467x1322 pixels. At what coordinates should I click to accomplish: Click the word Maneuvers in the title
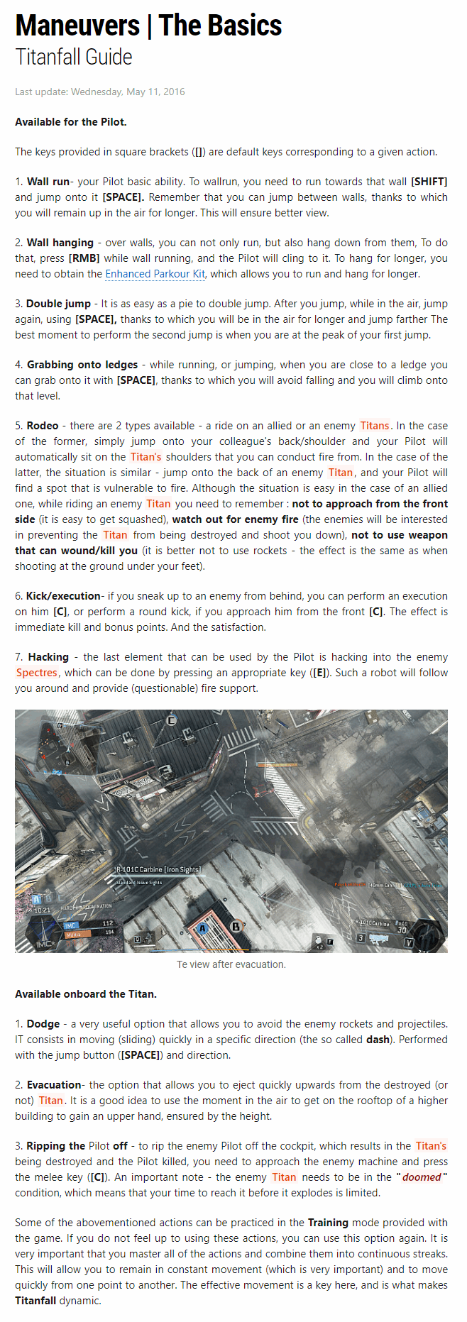pyautogui.click(x=77, y=26)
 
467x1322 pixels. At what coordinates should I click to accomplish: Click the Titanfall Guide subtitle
pyautogui.click(x=74, y=57)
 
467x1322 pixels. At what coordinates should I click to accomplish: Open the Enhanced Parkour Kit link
pyautogui.click(x=155, y=274)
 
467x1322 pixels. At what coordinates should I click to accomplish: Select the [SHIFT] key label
pyautogui.click(x=429, y=182)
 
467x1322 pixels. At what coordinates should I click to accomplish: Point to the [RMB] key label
pyautogui.click(x=84, y=258)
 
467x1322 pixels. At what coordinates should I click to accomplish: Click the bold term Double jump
pyautogui.click(x=58, y=304)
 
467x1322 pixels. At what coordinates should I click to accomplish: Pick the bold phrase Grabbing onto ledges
pyautogui.click(x=82, y=365)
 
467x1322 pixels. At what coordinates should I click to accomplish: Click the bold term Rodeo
pyautogui.click(x=43, y=426)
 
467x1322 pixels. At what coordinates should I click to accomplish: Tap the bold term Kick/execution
pyautogui.click(x=63, y=596)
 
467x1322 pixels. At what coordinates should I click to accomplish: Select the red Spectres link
pyautogui.click(x=37, y=673)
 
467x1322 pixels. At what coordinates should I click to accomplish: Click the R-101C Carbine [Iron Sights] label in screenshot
pyautogui.click(x=158, y=869)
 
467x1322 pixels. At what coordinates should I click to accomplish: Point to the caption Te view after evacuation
pyautogui.click(x=231, y=964)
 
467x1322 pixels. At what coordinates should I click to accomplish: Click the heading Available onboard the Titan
pyautogui.click(x=86, y=994)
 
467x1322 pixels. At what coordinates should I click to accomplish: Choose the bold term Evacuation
pyautogui.click(x=54, y=1085)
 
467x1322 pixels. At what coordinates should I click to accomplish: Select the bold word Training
pyautogui.click(x=328, y=1223)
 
